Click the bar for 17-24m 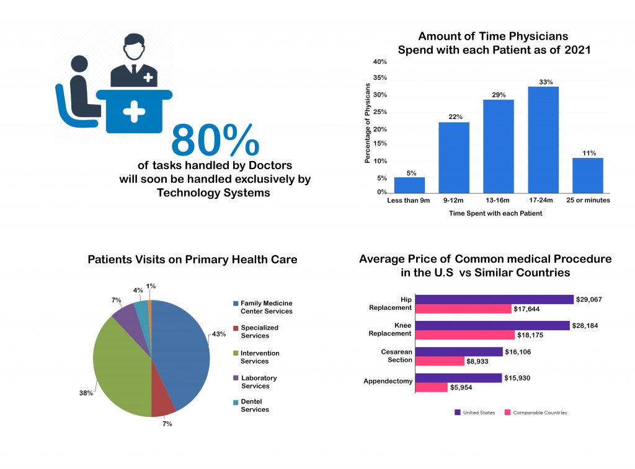(x=543, y=140)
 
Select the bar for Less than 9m (x=409, y=185)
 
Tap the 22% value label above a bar (x=455, y=117)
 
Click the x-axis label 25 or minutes (x=588, y=200)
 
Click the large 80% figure (x=215, y=141)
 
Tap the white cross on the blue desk (x=134, y=112)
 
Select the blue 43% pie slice (x=181, y=353)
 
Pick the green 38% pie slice (x=121, y=366)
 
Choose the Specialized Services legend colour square (x=235, y=328)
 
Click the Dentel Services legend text (x=255, y=405)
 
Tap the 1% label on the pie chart (x=151, y=286)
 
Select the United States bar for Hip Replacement (x=495, y=299)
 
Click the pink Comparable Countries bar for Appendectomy (x=431, y=387)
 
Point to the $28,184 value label (x=587, y=325)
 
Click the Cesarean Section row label (x=396, y=356)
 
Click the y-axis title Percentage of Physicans (x=367, y=123)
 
